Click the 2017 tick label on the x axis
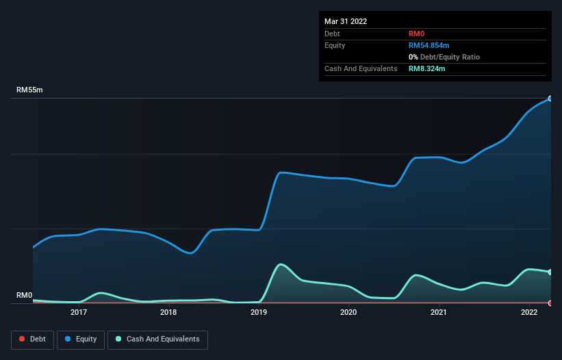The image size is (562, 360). click(x=78, y=313)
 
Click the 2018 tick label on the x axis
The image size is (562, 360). click(x=168, y=313)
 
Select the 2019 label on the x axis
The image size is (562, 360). click(x=259, y=313)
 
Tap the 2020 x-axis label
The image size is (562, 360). click(x=348, y=313)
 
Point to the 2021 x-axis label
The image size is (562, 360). click(x=439, y=313)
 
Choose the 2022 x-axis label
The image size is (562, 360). click(x=528, y=313)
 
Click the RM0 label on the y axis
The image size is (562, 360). click(x=25, y=296)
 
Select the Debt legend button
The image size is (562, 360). click(x=32, y=339)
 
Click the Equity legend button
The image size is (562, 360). click(x=81, y=339)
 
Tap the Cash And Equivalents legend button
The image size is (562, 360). click(x=157, y=339)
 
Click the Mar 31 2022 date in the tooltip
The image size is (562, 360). click(x=346, y=21)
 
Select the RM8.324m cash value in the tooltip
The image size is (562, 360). click(x=426, y=68)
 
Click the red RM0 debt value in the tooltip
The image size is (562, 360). click(x=416, y=34)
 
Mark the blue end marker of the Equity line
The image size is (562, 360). click(x=550, y=99)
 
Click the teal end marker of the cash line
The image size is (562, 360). click(x=550, y=272)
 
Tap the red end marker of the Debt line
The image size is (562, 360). click(x=550, y=303)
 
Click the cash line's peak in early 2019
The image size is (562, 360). click(x=281, y=264)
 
